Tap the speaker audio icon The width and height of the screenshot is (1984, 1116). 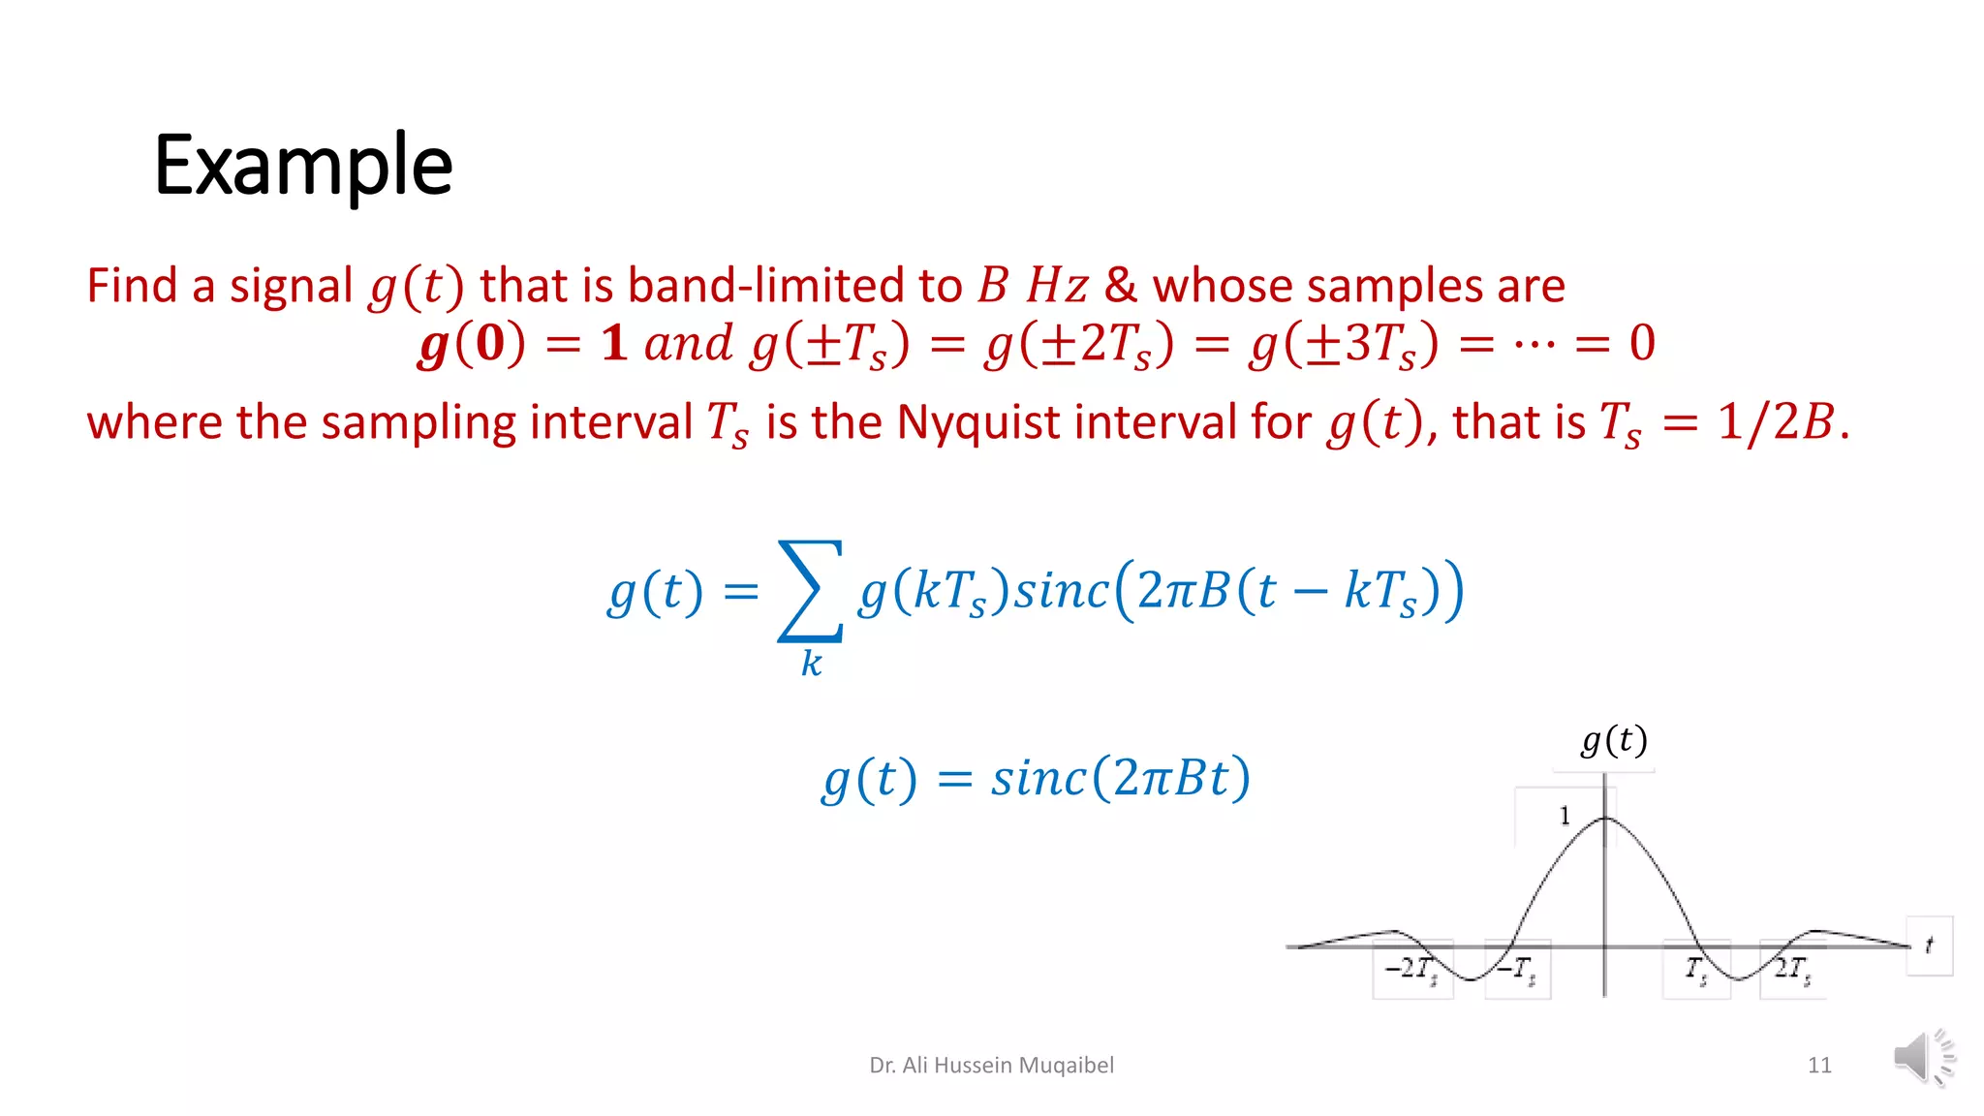point(1923,1057)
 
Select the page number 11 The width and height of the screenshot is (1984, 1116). point(1818,1066)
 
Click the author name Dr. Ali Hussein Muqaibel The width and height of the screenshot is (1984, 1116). point(991,1066)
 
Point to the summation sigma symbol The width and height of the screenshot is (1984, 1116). point(810,591)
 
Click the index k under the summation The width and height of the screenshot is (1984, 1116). point(811,664)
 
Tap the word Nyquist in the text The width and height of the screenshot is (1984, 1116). point(977,422)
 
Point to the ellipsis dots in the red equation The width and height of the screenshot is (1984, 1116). point(1534,344)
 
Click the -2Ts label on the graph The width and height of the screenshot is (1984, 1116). point(1410,969)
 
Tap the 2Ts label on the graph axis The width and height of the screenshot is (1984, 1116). point(1792,969)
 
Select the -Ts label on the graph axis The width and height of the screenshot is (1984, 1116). point(1516,969)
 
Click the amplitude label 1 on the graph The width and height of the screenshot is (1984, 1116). point(1564,817)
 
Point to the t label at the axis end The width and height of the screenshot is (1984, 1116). point(1929,945)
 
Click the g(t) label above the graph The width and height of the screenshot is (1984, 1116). point(1614,741)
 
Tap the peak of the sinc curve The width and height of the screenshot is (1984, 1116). point(1605,820)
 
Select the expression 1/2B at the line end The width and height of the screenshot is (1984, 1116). point(1776,422)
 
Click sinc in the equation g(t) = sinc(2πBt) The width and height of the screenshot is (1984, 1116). point(1038,779)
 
